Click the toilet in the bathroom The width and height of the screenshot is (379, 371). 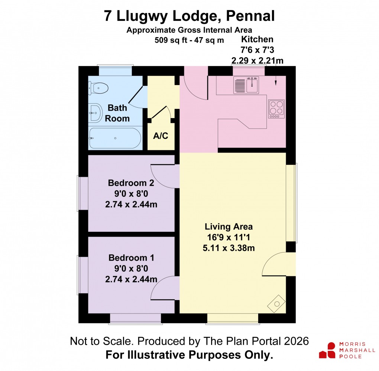click(99, 88)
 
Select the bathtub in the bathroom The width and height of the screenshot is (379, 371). click(115, 138)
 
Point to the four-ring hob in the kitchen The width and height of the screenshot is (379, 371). click(276, 109)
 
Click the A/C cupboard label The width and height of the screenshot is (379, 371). click(161, 136)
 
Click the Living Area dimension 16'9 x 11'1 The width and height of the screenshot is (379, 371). click(229, 237)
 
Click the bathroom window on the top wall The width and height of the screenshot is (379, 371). click(115, 71)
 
